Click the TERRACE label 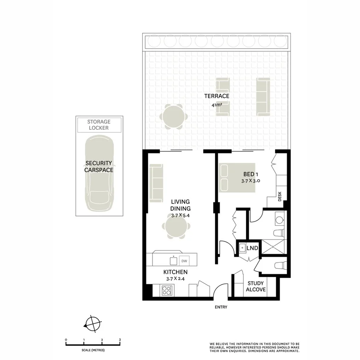tap(217, 96)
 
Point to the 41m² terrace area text tap(217, 104)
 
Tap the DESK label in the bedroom tap(281, 197)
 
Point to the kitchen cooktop tap(167, 290)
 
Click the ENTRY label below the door tap(221, 307)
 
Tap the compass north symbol tap(93, 324)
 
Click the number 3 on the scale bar tap(120, 340)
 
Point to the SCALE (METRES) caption tap(93, 350)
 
